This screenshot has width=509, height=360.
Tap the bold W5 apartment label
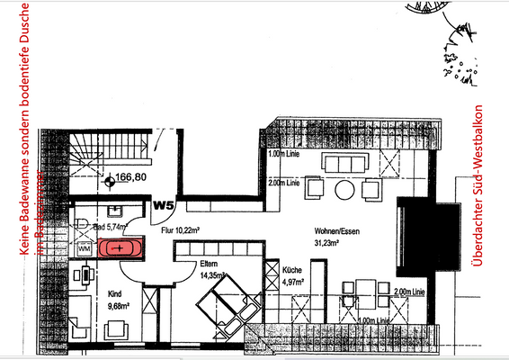[x=163, y=205]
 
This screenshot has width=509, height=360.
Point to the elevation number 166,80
[x=132, y=178]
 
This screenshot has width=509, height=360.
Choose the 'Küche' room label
[x=291, y=270]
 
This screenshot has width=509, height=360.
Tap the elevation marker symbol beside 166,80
[x=110, y=179]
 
